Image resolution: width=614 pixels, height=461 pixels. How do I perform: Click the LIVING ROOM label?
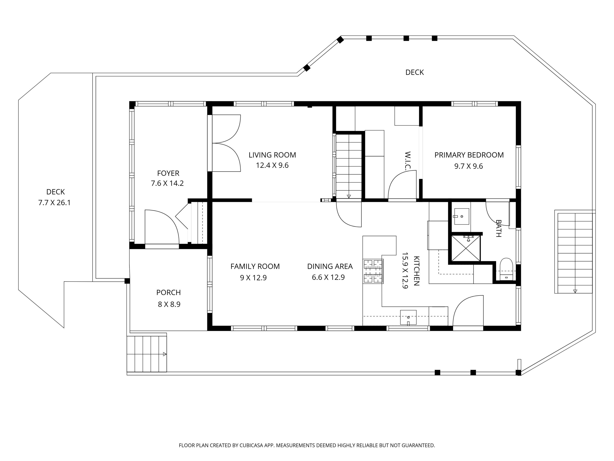pyautogui.click(x=272, y=155)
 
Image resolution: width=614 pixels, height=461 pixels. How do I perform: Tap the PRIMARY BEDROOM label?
pyautogui.click(x=469, y=155)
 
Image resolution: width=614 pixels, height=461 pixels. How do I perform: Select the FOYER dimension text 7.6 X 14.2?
pyautogui.click(x=167, y=183)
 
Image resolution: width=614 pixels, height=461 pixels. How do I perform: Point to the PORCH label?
pyautogui.click(x=168, y=293)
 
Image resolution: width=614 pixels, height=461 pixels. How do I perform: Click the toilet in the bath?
pyautogui.click(x=506, y=269)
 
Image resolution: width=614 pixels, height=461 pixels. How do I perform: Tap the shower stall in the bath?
pyautogui.click(x=466, y=248)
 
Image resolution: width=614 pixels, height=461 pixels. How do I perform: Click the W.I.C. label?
pyautogui.click(x=407, y=161)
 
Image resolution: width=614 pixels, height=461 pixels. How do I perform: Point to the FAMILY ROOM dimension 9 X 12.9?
pyautogui.click(x=253, y=278)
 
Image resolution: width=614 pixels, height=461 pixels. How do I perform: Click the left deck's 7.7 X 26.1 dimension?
pyautogui.click(x=54, y=203)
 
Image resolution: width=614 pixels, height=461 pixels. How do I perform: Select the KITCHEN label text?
pyautogui.click(x=416, y=271)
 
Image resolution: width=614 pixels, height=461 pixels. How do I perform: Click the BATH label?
pyautogui.click(x=499, y=228)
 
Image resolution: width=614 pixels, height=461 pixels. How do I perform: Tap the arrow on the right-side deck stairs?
pyautogui.click(x=575, y=291)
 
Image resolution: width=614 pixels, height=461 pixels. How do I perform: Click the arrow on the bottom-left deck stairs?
pyautogui.click(x=165, y=354)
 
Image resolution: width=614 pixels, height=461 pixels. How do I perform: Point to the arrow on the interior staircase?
pyautogui.click(x=349, y=196)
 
